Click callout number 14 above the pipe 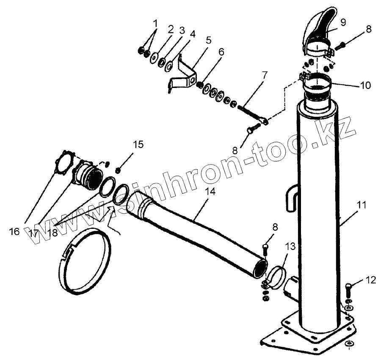(210, 191)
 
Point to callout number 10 (364, 85)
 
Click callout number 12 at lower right (370, 280)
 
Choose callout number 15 (138, 144)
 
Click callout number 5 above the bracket (208, 40)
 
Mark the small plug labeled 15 (118, 170)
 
